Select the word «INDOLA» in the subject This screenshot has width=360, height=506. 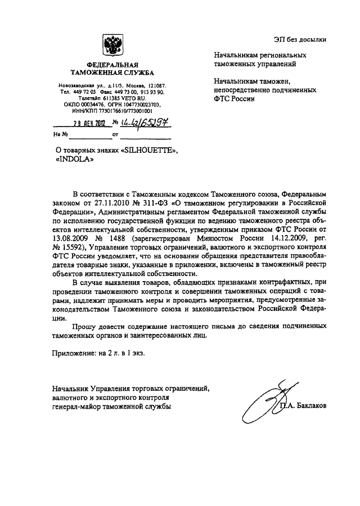(73, 159)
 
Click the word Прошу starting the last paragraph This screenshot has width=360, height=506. (85, 326)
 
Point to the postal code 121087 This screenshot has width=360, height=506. (154, 85)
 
